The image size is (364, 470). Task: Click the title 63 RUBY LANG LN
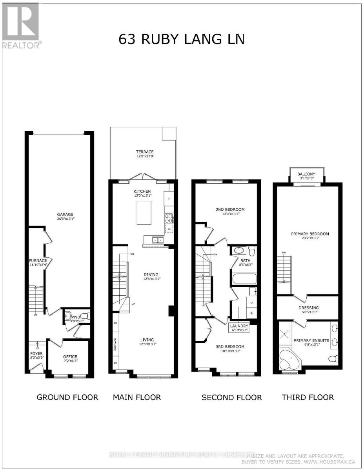181,40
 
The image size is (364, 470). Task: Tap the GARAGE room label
65,214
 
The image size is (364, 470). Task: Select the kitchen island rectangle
144,213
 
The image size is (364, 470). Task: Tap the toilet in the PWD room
69,315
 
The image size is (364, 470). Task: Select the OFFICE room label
70,356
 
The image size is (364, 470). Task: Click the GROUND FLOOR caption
67,398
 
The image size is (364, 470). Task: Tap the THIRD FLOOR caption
308,398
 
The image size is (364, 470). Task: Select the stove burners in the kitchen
169,217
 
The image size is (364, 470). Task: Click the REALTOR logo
20,25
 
